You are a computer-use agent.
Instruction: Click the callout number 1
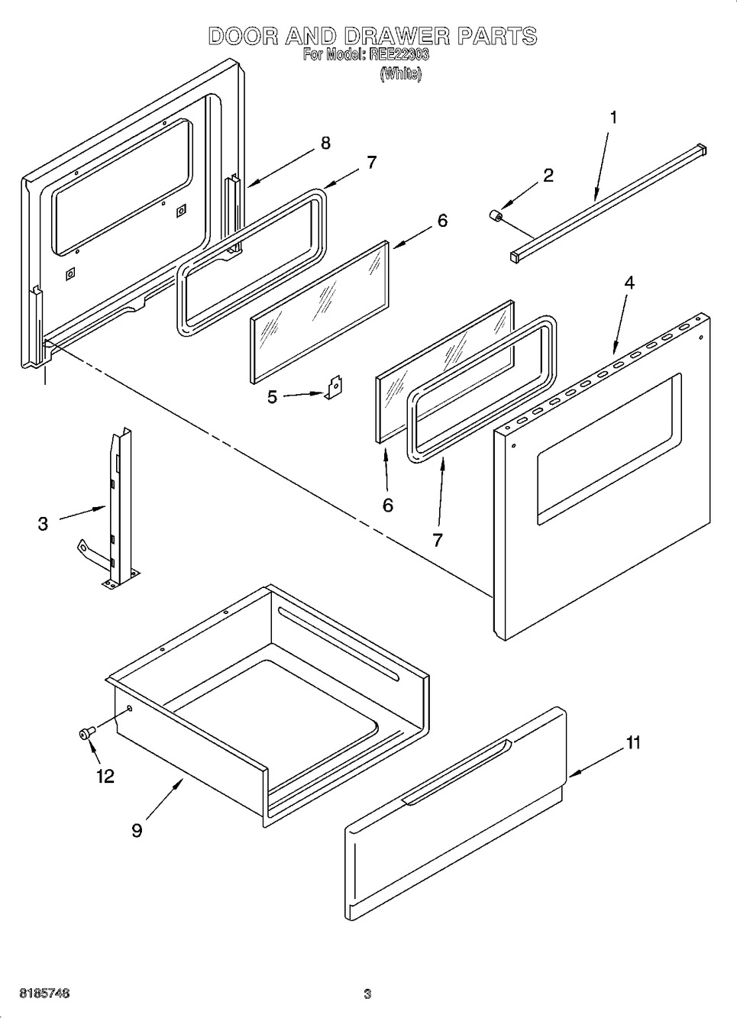(614, 118)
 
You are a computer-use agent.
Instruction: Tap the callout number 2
(548, 176)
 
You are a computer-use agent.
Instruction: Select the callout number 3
(43, 524)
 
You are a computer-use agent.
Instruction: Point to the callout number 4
(629, 283)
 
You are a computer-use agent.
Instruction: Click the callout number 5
(272, 397)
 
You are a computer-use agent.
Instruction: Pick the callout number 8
(325, 143)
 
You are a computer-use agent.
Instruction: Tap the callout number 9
(137, 830)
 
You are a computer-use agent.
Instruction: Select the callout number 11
(633, 743)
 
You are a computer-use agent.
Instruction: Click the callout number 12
(105, 776)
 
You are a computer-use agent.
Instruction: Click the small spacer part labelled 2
(495, 216)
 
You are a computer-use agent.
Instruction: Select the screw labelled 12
(87, 733)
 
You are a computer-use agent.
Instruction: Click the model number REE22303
(399, 56)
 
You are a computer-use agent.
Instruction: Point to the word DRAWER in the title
(396, 37)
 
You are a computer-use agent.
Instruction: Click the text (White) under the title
(401, 73)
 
